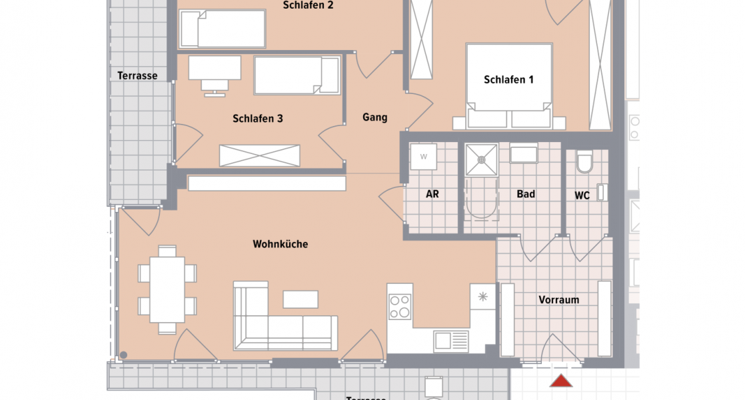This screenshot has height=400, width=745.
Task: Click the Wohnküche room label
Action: click(280, 244)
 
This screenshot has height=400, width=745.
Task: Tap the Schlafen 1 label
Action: click(508, 80)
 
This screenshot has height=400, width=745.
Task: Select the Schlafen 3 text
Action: click(258, 119)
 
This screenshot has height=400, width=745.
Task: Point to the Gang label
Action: click(374, 117)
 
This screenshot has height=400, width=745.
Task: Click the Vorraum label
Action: click(558, 300)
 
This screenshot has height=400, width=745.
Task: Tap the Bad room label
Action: click(526, 195)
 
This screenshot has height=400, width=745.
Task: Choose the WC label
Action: click(582, 196)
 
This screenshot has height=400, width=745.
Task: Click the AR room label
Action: click(432, 195)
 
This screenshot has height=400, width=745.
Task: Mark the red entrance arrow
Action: click(562, 381)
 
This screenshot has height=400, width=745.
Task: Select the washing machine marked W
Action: click(423, 157)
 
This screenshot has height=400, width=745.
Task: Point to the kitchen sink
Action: click(442, 341)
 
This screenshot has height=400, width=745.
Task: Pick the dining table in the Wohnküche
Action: click(167, 289)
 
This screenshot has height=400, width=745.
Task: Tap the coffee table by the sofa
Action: click(301, 299)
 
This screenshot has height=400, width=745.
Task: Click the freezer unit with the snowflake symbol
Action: click(482, 296)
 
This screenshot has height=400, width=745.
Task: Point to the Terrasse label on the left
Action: click(137, 75)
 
